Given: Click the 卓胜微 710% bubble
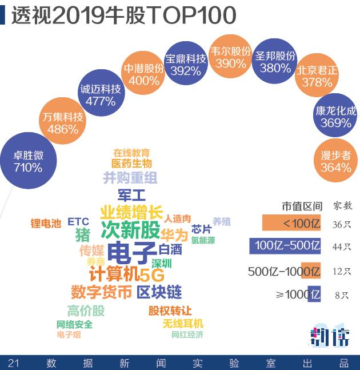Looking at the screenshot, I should click(x=28, y=161).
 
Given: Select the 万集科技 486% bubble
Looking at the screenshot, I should click(x=63, y=123).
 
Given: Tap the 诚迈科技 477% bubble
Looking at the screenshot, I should click(x=101, y=95).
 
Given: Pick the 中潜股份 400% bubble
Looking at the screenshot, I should click(x=144, y=74).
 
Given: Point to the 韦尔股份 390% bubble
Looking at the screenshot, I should click(x=231, y=57).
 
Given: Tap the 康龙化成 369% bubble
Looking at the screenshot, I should click(x=335, y=117).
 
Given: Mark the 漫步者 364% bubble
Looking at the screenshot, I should click(x=336, y=161).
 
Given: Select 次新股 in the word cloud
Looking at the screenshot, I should click(x=130, y=230).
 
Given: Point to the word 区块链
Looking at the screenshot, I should click(x=159, y=292).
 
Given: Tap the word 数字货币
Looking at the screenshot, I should click(x=101, y=292).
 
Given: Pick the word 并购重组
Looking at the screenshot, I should click(x=130, y=178).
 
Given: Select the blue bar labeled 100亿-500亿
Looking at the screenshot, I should click(x=285, y=246).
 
